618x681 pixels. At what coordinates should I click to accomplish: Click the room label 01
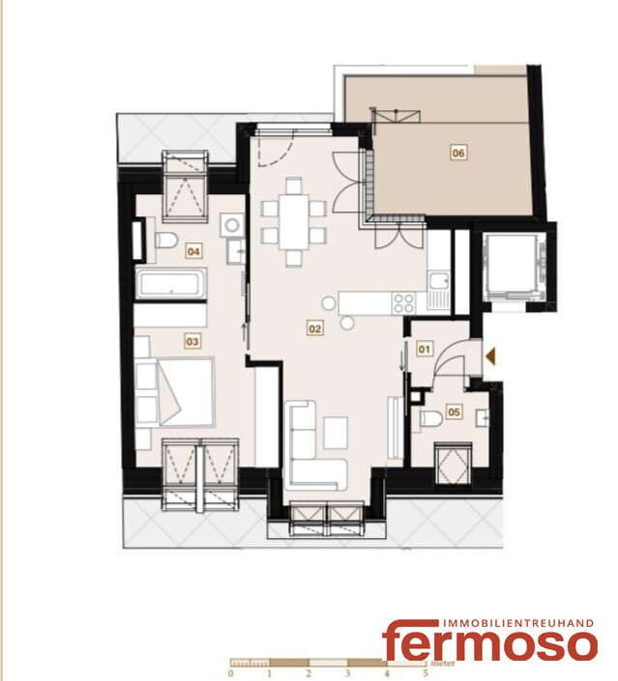pos(425,349)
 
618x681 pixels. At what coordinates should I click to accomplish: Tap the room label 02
pos(315,328)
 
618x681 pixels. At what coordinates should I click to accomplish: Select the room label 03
pos(192,341)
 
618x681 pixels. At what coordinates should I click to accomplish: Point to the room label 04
pos(193,251)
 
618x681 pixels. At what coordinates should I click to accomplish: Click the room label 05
pos(454,411)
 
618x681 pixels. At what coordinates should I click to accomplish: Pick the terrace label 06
pos(458,153)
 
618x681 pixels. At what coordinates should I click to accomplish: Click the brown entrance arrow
pos(491,356)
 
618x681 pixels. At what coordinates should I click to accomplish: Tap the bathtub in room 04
pos(171,283)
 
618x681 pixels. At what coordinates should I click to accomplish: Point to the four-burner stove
pos(403,302)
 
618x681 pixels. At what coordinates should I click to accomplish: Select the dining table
pos(294,221)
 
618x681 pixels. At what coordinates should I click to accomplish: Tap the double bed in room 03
pos(186,391)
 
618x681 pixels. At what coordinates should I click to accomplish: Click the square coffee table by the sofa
pos(336,433)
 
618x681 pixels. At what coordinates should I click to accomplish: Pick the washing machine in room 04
pos(232,225)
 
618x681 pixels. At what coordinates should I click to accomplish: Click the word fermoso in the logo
pos(489,643)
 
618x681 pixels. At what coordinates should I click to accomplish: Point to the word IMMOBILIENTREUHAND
pos(517,623)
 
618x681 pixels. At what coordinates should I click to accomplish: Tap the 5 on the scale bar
pos(426,673)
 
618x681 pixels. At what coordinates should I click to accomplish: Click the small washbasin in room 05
pos(483,418)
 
